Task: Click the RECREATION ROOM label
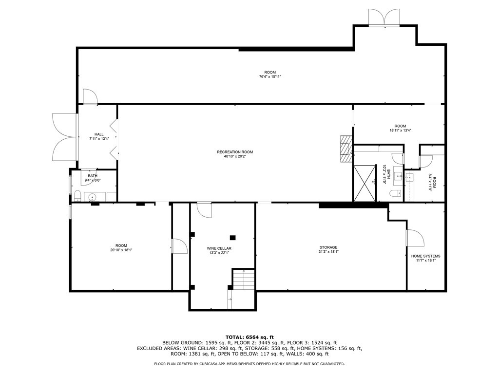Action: click(x=235, y=152)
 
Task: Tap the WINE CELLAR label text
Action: click(x=219, y=248)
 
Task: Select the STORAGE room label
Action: click(x=328, y=247)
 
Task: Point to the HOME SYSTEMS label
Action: click(x=425, y=256)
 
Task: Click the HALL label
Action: click(x=99, y=134)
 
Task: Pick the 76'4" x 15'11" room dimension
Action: click(x=270, y=76)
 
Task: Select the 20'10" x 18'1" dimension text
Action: click(x=121, y=250)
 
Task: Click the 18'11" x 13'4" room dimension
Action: click(x=400, y=130)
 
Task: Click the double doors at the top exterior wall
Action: click(x=384, y=17)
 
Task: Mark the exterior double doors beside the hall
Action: click(x=64, y=137)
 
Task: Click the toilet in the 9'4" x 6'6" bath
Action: click(x=77, y=196)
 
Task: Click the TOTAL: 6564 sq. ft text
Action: click(x=249, y=337)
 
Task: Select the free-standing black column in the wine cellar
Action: click(x=233, y=238)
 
